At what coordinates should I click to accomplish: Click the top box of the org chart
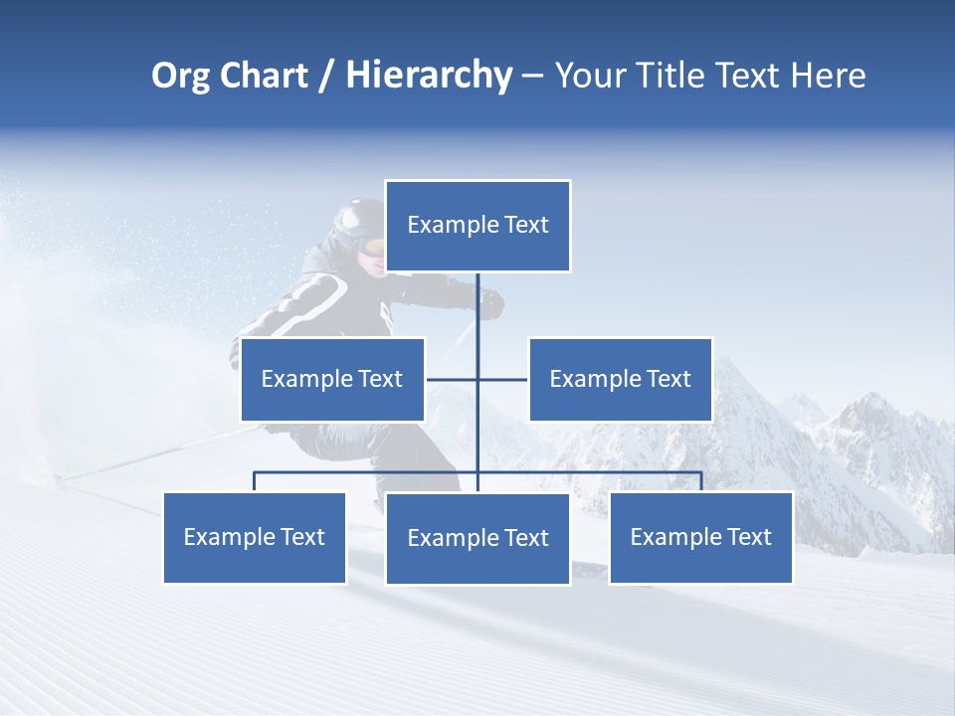coord(477,226)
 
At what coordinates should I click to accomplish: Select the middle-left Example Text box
coord(332,379)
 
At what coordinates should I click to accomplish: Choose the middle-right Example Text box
coord(620,379)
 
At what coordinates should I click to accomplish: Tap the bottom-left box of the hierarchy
coord(255,538)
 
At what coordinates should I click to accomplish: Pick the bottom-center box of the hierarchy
coord(477,539)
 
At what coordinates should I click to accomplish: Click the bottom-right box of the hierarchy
coord(700,538)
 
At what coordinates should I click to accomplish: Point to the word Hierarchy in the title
coord(429,76)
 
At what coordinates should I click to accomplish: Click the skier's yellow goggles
coord(374,246)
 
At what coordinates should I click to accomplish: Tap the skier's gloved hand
coord(491,305)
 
